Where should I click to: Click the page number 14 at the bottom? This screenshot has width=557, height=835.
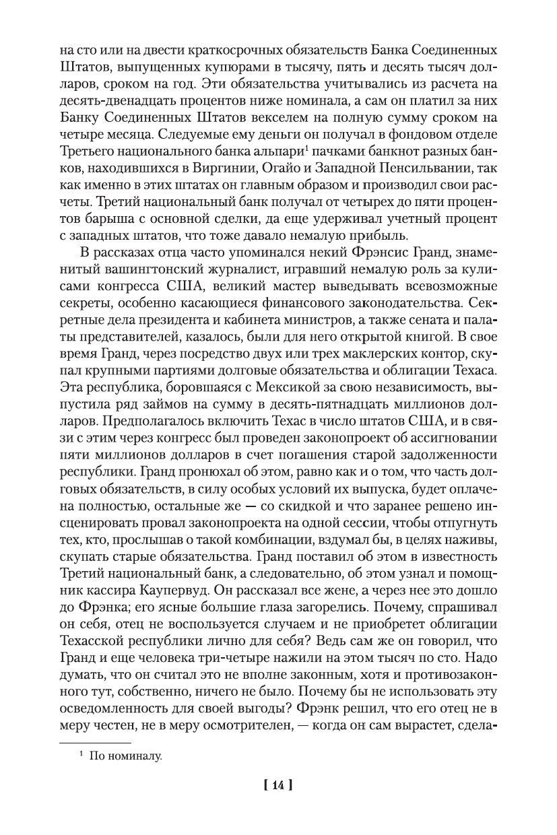coord(278,784)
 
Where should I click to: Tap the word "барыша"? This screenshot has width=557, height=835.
coord(92,220)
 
